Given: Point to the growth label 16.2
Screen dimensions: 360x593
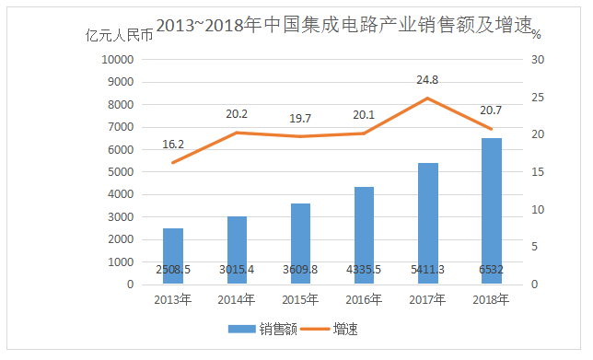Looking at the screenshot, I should pyautogui.click(x=173, y=145).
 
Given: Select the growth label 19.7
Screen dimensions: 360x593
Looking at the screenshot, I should pyautogui.click(x=300, y=119).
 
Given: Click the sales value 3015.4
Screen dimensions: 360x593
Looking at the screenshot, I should pyautogui.click(x=237, y=269).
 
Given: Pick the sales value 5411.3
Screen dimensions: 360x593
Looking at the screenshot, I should pyautogui.click(x=428, y=269).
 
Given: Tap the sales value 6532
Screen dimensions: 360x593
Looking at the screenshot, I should pyautogui.click(x=493, y=269).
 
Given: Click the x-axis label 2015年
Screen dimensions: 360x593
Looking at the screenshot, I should pyautogui.click(x=300, y=299).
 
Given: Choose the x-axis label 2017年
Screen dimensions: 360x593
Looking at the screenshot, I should pyautogui.click(x=428, y=299).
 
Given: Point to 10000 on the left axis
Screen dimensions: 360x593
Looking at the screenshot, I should pyautogui.click(x=117, y=60).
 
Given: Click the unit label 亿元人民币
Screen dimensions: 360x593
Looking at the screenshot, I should pyautogui.click(x=118, y=37).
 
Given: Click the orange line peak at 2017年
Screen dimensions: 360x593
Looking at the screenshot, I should pyautogui.click(x=428, y=99).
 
